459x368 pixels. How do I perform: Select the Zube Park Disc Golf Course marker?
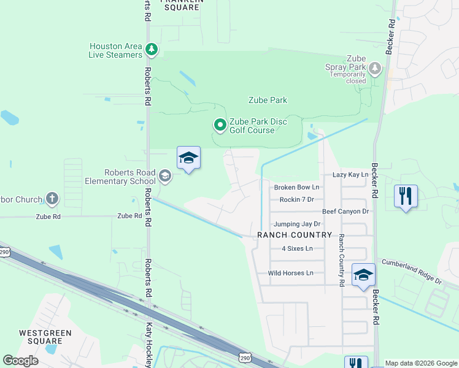(220, 126)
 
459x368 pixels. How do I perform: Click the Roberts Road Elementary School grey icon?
(164, 177)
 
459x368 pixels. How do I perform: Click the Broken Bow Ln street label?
(297, 187)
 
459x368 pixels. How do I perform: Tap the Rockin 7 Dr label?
(296, 199)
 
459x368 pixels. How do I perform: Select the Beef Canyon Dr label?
(345, 212)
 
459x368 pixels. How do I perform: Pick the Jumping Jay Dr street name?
(297, 224)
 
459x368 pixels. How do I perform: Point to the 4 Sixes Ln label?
(297, 248)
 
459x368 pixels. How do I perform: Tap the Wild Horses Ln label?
(290, 273)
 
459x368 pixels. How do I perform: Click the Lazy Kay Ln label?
(350, 175)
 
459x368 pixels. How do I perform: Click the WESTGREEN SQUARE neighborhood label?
(45, 337)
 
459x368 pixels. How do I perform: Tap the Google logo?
(20, 361)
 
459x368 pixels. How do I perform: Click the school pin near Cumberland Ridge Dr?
(363, 275)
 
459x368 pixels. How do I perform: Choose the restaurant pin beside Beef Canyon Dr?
(406, 196)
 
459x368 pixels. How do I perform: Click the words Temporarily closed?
(348, 77)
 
